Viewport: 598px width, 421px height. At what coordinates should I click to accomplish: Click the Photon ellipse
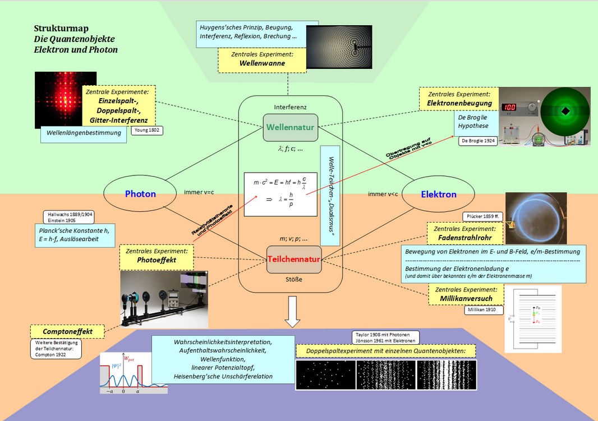pos(140,194)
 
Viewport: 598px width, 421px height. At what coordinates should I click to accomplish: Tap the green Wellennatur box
pos(289,127)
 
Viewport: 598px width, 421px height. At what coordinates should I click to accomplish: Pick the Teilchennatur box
pos(293,260)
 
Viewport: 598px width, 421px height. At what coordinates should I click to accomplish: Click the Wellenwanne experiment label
pos(262,59)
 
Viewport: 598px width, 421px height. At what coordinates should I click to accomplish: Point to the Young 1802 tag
pos(146,131)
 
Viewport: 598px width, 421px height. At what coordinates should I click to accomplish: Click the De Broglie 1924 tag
pos(477,141)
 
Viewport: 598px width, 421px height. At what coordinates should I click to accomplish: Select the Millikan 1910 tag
pos(484,309)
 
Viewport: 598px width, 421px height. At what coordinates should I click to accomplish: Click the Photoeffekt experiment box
pos(157,256)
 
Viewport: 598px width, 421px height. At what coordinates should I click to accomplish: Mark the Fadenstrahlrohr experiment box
pos(462,233)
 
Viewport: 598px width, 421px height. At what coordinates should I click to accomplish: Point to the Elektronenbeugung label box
pos(459,99)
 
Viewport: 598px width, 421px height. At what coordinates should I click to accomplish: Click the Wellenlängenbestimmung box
pos(83,133)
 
